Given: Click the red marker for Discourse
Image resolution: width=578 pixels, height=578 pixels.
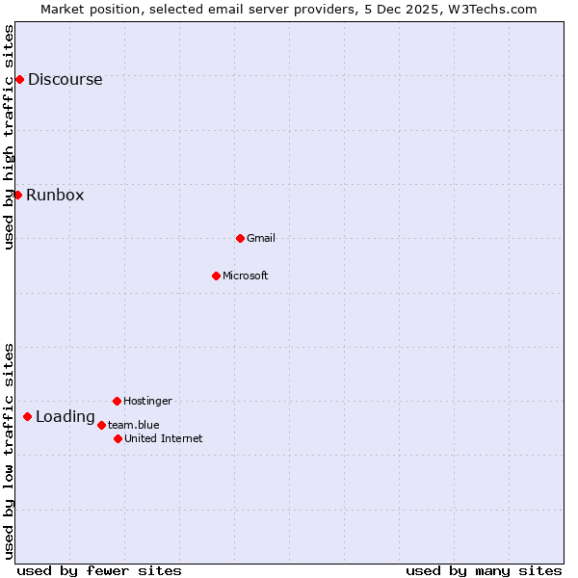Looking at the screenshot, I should click(19, 79).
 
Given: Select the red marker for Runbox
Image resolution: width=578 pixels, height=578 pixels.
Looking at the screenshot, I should click(17, 195).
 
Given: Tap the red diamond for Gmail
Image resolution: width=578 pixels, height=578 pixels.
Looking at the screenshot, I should click(240, 238).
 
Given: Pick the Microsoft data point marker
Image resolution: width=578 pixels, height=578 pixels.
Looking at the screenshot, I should click(216, 276).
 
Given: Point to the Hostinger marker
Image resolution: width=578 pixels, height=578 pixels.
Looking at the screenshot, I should click(117, 401).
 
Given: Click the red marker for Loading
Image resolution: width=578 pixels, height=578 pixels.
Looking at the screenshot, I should click(27, 416).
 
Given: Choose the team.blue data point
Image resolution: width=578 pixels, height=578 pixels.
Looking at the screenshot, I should click(101, 425).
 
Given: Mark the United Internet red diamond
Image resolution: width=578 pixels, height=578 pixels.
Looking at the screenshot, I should click(118, 438).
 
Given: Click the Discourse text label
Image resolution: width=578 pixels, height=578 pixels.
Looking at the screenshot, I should click(65, 80).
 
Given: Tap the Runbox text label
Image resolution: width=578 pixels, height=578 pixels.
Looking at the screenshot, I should click(55, 196).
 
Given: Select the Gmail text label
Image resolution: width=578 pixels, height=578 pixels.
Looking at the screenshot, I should click(261, 239).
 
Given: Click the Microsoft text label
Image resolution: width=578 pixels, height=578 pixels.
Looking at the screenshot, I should click(246, 276).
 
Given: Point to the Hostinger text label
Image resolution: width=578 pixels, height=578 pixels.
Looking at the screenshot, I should click(147, 402).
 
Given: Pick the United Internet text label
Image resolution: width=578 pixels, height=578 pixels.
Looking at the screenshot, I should click(164, 439).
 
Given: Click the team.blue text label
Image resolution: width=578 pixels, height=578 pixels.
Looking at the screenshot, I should click(134, 425).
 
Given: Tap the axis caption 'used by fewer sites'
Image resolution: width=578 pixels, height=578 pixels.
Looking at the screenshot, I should click(99, 570).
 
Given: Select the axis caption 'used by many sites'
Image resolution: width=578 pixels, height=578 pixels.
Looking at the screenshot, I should click(484, 570).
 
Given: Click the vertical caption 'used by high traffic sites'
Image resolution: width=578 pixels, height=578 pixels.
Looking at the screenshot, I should click(9, 137).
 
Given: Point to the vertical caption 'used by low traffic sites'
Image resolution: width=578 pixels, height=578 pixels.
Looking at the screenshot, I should click(9, 450).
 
